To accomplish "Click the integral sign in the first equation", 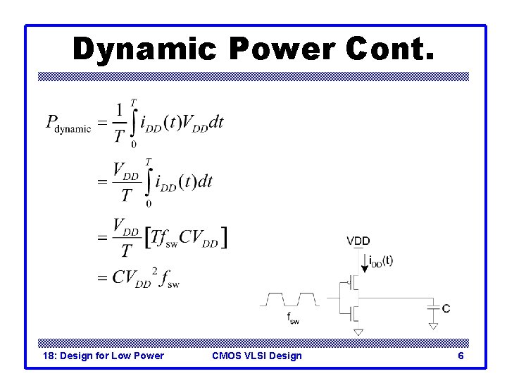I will coord(134,123).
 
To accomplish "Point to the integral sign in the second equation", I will coord(149,182).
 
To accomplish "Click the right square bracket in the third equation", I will coord(223,238).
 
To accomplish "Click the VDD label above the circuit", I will coord(358,241).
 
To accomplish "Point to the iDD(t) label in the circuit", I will coord(381,261).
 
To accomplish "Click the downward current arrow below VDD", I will coord(363,263).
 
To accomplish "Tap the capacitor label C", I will coord(446,308).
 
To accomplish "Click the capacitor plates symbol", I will coord(432,306).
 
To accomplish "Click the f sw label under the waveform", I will coord(292,318).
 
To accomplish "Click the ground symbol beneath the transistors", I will coord(358,331).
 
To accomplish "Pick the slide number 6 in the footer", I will coord(461,356).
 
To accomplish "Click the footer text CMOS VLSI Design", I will coord(256,356).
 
